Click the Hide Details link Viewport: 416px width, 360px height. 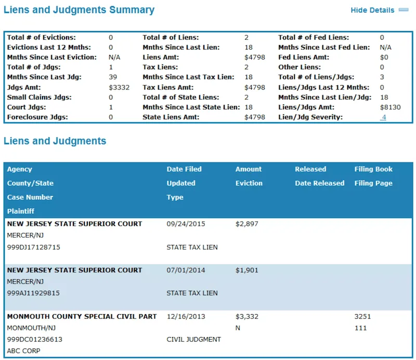click(x=372, y=10)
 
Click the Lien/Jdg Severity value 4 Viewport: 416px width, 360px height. click(x=383, y=118)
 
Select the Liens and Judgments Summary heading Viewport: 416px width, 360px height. click(x=79, y=10)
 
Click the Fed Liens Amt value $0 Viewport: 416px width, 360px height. click(x=384, y=57)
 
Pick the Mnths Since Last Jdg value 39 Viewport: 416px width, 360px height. click(x=113, y=78)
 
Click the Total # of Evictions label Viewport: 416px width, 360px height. click(x=42, y=37)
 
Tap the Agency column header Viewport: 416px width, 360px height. click(x=20, y=169)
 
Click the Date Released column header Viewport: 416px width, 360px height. click(x=319, y=183)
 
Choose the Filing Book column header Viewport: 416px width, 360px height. click(x=373, y=169)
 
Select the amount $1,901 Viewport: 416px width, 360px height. click(x=246, y=271)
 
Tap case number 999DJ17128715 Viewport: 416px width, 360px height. click(x=34, y=248)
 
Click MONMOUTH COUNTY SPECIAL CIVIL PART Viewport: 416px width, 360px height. click(x=74, y=316)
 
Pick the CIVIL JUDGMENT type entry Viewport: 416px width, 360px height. click(x=193, y=340)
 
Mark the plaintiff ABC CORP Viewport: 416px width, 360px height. click(x=24, y=351)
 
